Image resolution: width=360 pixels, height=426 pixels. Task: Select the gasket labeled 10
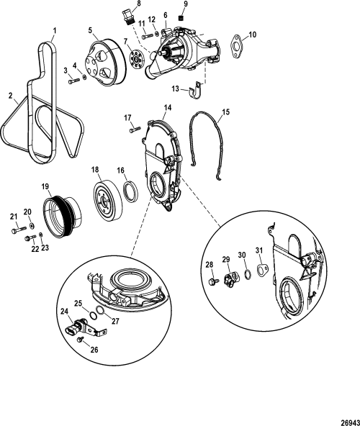pyautogui.click(x=235, y=45)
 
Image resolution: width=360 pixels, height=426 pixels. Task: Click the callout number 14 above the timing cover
pyautogui.click(x=167, y=107)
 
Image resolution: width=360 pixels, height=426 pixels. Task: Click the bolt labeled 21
pyautogui.click(x=19, y=232)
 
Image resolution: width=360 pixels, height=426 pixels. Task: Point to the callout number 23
pyautogui.click(x=45, y=247)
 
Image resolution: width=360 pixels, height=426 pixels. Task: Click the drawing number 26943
pyautogui.click(x=343, y=413)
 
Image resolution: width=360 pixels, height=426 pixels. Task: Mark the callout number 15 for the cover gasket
pyautogui.click(x=226, y=112)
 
